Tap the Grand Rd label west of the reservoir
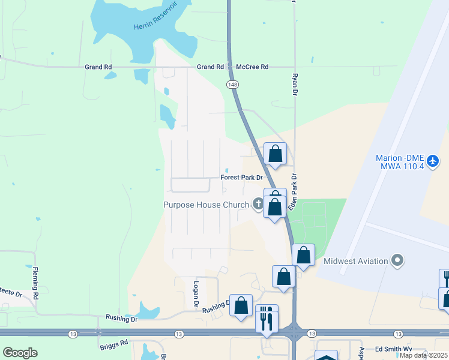[98, 67]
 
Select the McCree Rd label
[252, 67]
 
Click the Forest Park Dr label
[242, 178]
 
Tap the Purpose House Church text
[206, 205]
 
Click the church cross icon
[259, 205]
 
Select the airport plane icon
[435, 161]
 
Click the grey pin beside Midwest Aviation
[397, 260]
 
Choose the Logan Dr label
[196, 294]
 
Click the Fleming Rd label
[35, 283]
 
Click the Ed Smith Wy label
[394, 349]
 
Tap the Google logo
[20, 353]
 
